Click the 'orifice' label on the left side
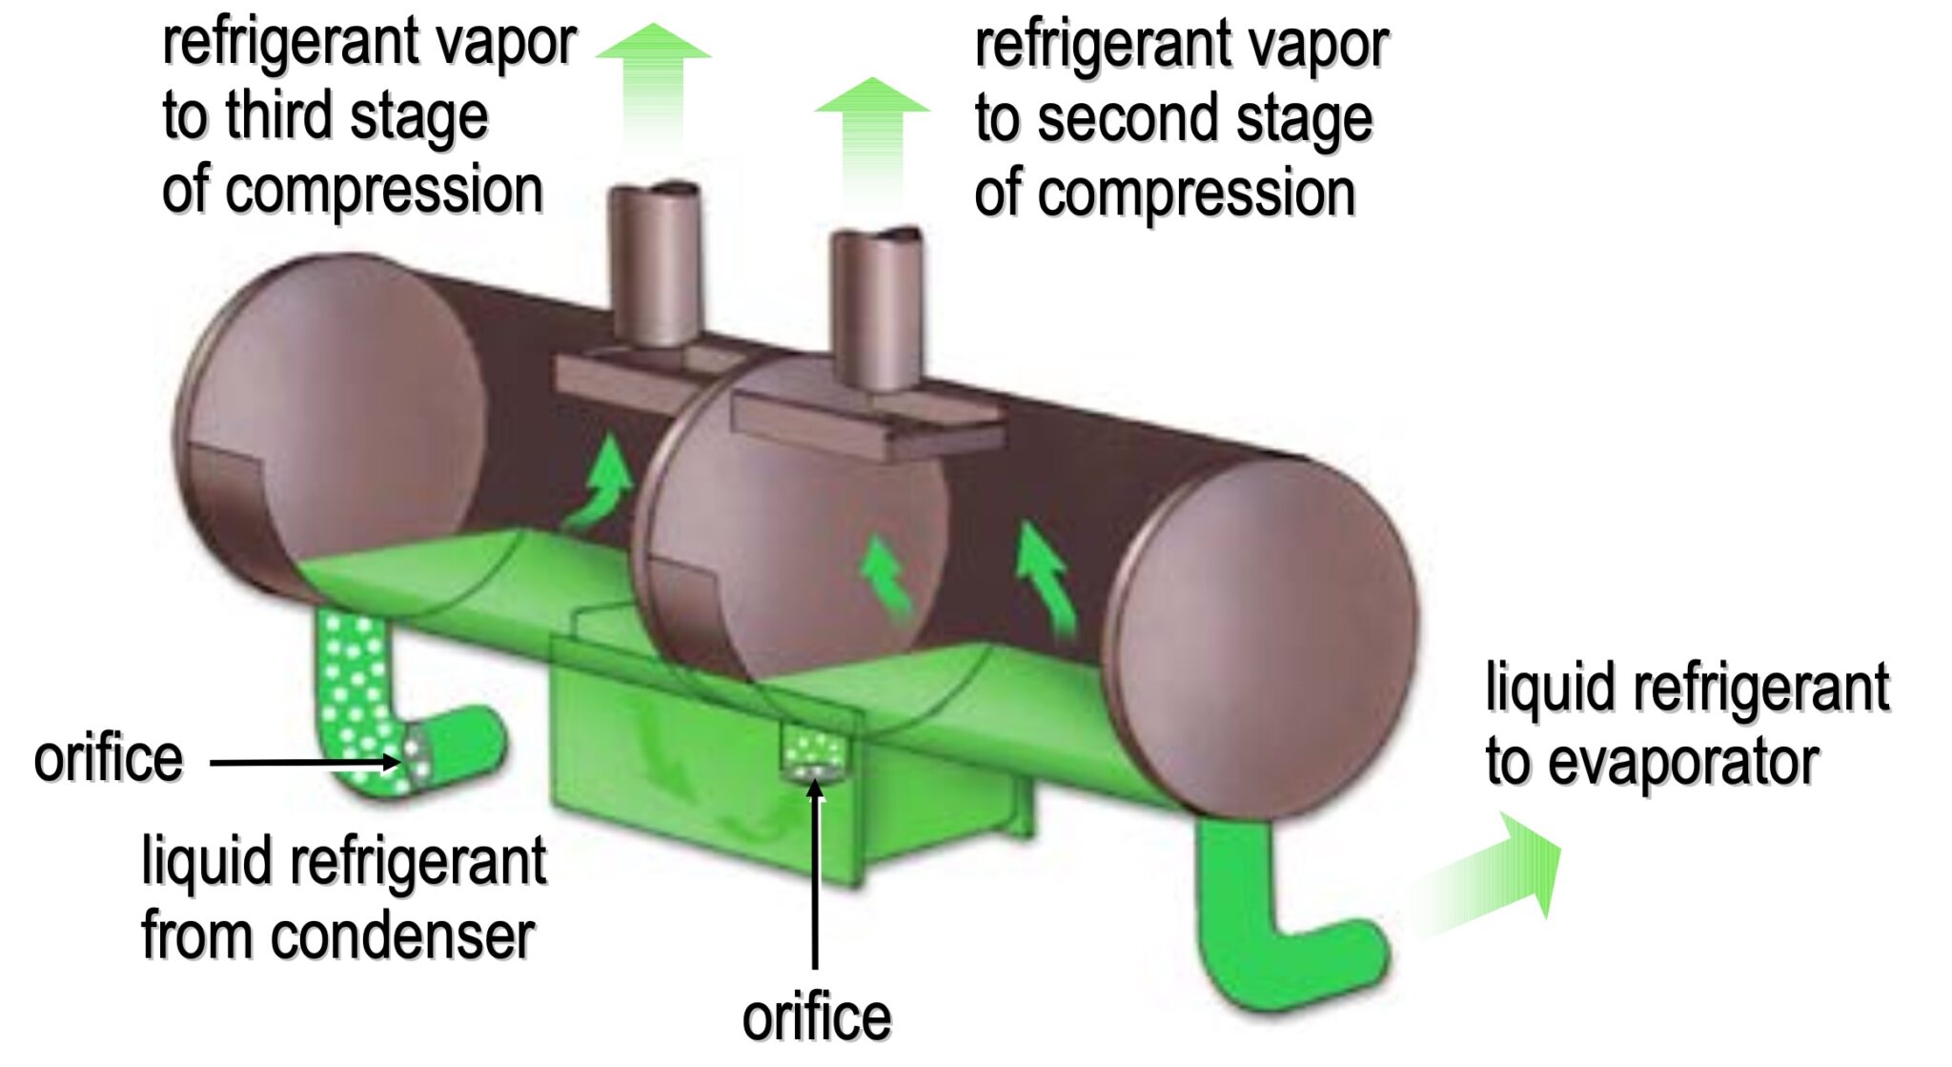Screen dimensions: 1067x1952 coord(108,760)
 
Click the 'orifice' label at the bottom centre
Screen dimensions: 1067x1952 coord(816,1017)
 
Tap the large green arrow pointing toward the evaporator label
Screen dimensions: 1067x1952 coord(1496,872)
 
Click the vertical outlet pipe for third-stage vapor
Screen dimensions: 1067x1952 coord(655,262)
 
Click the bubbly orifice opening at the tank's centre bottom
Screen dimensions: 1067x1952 coord(813,753)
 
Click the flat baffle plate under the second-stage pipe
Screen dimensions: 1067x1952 coord(867,429)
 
